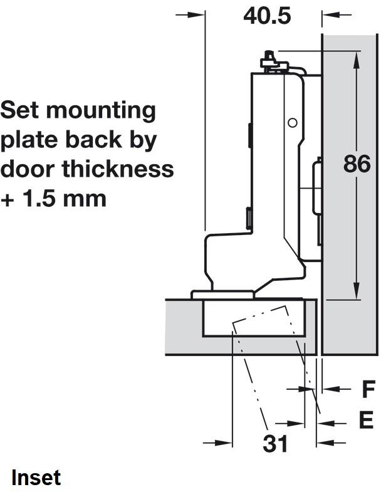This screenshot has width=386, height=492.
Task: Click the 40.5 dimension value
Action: tap(267, 16)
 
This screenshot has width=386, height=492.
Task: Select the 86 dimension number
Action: tap(357, 164)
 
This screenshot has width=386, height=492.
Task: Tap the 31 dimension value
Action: tap(275, 444)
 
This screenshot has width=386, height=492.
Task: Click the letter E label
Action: tap(366, 420)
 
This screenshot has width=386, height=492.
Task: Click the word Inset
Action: tap(36, 478)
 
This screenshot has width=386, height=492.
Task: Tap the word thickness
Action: tap(118, 169)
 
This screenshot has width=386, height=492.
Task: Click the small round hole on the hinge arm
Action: tap(293, 123)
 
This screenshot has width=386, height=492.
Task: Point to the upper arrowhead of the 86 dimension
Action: tap(356, 60)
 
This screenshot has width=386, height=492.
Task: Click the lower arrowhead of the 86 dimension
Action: tap(356, 291)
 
